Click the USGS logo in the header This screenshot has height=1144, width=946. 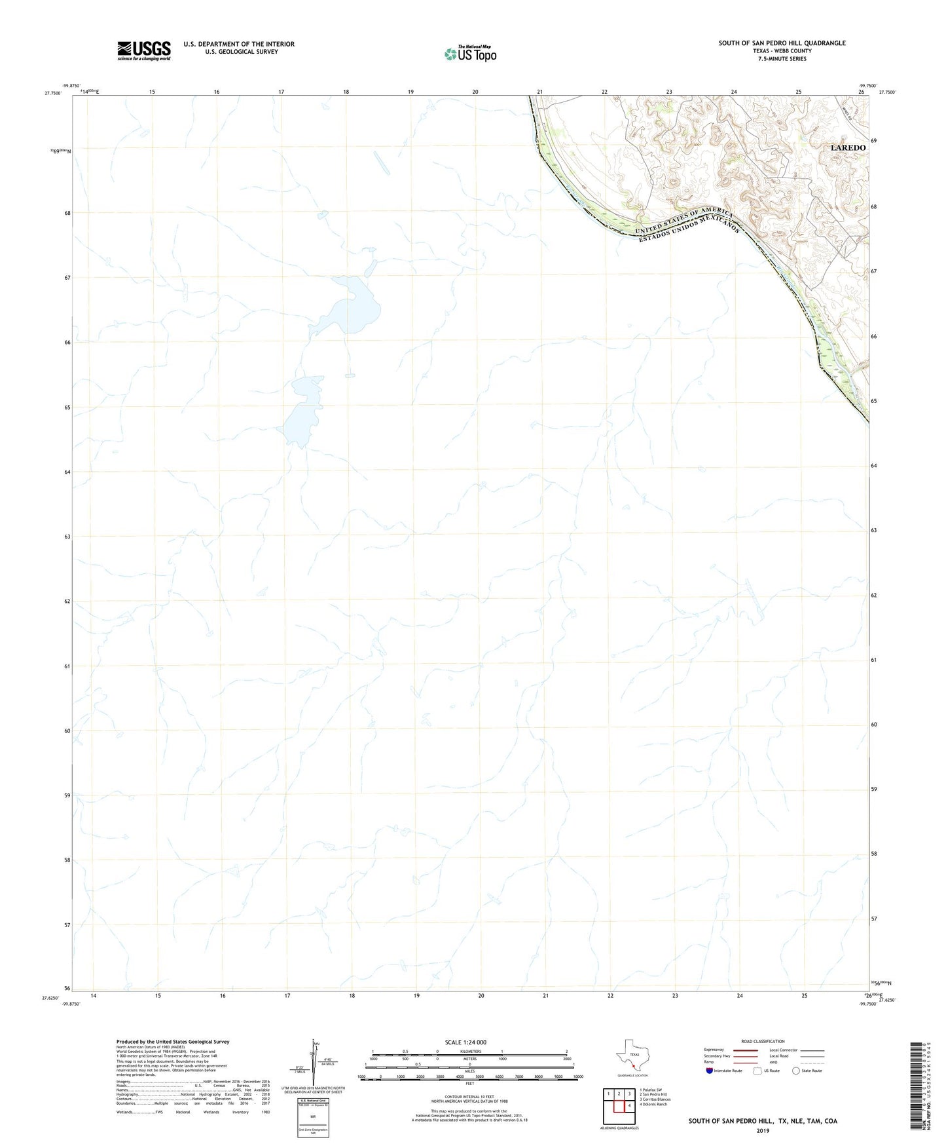click(x=144, y=50)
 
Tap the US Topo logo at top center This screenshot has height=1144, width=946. click(x=470, y=54)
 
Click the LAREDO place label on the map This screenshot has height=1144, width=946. click(x=848, y=147)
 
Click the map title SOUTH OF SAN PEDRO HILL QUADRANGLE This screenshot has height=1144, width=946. click(x=782, y=43)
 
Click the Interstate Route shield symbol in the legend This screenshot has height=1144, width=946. click(x=710, y=1071)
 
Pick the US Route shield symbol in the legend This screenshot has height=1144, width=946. click(x=758, y=1071)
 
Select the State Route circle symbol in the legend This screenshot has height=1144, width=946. click(x=795, y=1071)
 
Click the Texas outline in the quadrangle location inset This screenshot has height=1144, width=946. click(x=632, y=1056)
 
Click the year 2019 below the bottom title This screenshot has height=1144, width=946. click(x=763, y=1130)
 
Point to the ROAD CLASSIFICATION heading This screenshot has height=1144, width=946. click(x=763, y=1041)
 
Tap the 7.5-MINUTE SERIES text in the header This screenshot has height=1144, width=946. click(x=782, y=59)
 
